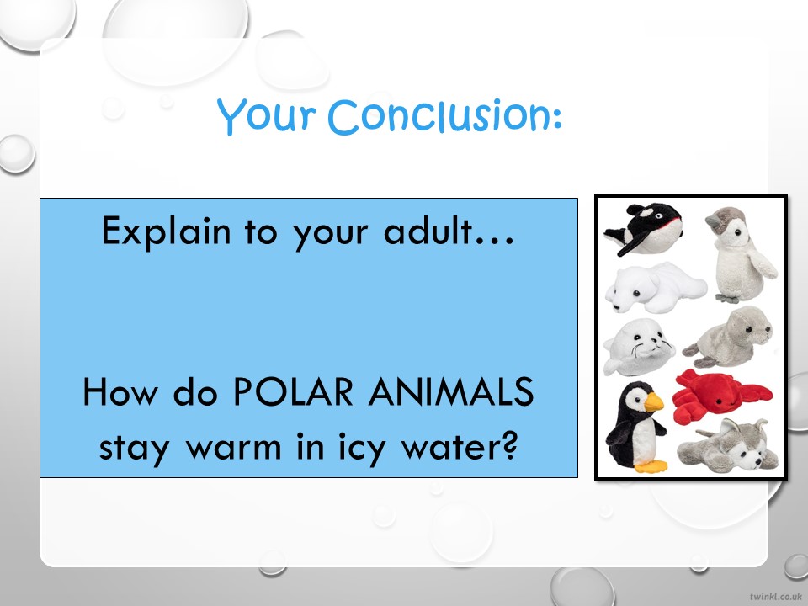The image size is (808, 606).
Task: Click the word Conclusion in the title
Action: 444,115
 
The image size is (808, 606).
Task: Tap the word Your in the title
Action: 266,115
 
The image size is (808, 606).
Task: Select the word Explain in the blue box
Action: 166,232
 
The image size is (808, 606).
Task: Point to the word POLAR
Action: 293,391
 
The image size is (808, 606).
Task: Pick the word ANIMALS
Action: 451,391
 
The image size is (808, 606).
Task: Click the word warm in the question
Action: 233,447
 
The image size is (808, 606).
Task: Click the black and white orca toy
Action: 643,229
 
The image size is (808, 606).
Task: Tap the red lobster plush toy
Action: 721,394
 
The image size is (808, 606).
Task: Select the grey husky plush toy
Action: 727,447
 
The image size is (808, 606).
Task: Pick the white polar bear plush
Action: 655,286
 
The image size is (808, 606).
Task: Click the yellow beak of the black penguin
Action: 653,401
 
